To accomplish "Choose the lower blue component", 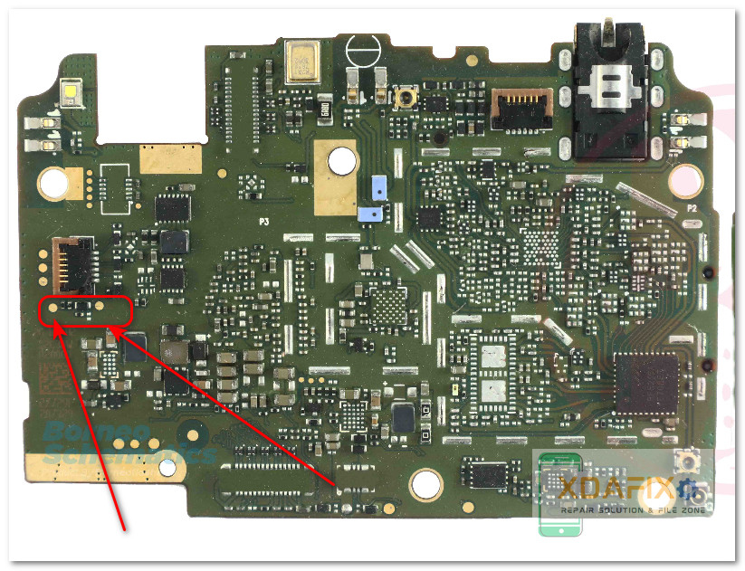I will coord(369,214).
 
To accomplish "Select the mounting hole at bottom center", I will coord(425,485).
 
